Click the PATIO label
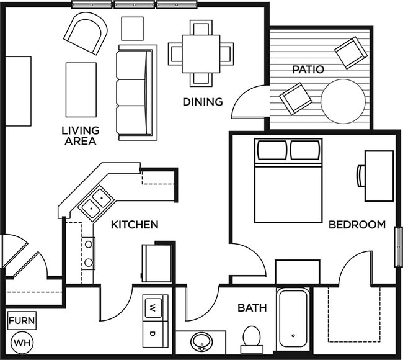pyautogui.click(x=308, y=70)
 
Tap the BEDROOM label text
pyautogui.click(x=357, y=224)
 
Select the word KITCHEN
pyautogui.click(x=135, y=224)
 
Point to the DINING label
pyautogui.click(x=202, y=101)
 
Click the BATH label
pyautogui.click(x=252, y=307)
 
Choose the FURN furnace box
pyautogui.click(x=22, y=322)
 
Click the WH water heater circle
pyautogui.click(x=22, y=342)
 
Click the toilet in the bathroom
pyautogui.click(x=252, y=339)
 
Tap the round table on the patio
pyautogui.click(x=342, y=101)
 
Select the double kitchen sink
pyautogui.click(x=95, y=202)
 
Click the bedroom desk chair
pyautogui.click(x=360, y=176)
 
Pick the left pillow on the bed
pyautogui.click(x=272, y=150)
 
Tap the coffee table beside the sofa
pyautogui.click(x=81, y=89)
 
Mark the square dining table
pyautogui.click(x=201, y=53)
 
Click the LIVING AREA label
pyautogui.click(x=81, y=135)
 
